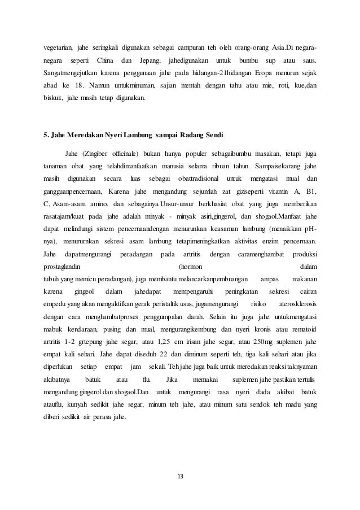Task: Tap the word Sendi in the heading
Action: coord(212,136)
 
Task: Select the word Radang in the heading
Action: coord(183,136)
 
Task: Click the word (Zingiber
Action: coord(96,153)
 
